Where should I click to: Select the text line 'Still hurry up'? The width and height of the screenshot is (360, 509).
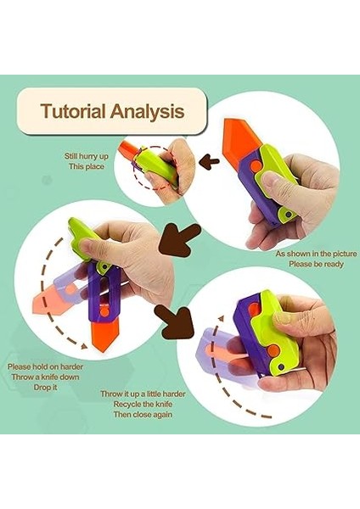point(87,155)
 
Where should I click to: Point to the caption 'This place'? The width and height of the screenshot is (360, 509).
point(87,166)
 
